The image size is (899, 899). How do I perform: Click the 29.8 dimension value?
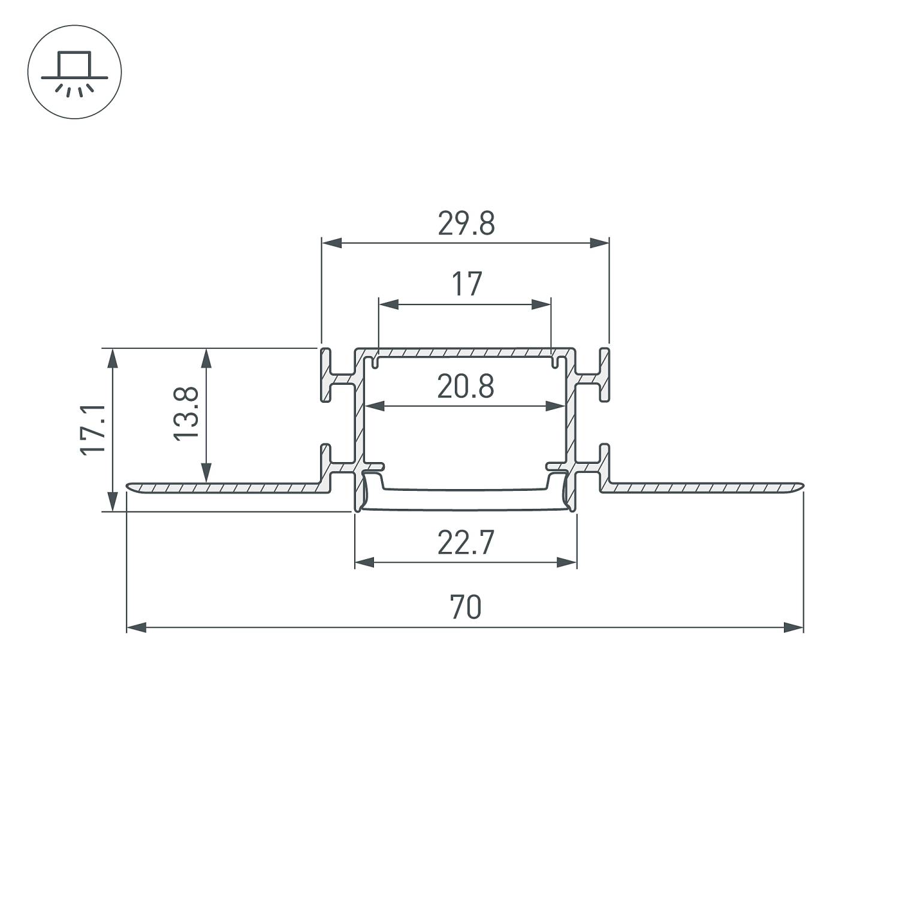(466, 224)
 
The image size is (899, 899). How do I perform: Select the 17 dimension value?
(466, 284)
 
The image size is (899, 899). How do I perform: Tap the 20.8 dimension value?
(466, 387)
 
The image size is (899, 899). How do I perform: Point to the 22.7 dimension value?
(466, 544)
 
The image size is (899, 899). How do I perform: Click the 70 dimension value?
(466, 608)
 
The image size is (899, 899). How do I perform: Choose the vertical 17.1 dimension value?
(94, 430)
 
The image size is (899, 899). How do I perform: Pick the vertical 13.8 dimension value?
(186, 414)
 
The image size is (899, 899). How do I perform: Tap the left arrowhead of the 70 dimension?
(137, 628)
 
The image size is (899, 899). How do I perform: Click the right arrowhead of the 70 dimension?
(794, 628)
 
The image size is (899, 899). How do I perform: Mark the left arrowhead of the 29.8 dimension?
(331, 243)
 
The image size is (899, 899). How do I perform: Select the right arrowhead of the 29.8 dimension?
(599, 243)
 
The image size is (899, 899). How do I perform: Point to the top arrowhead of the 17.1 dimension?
(112, 358)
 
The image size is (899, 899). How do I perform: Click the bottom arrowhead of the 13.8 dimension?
(206, 472)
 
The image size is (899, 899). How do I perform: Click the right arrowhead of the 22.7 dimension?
(567, 562)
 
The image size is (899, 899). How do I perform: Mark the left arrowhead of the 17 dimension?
(389, 304)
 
